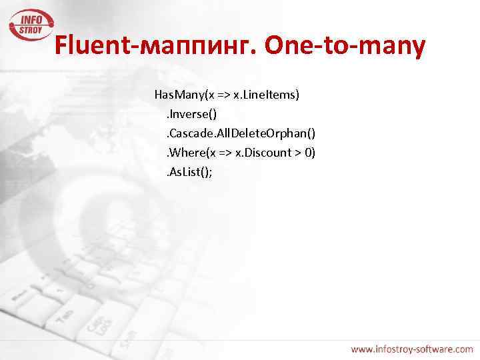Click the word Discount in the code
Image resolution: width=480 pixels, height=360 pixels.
(x=269, y=153)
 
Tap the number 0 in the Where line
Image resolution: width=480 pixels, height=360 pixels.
(x=307, y=153)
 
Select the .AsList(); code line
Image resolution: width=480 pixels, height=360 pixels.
(x=189, y=172)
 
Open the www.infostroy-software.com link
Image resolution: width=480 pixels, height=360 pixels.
(x=412, y=348)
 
